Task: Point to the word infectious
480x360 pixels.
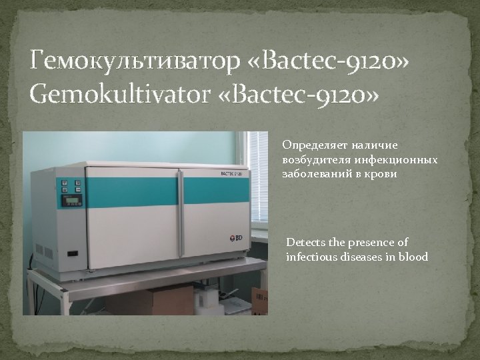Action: pyautogui.click(x=311, y=257)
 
